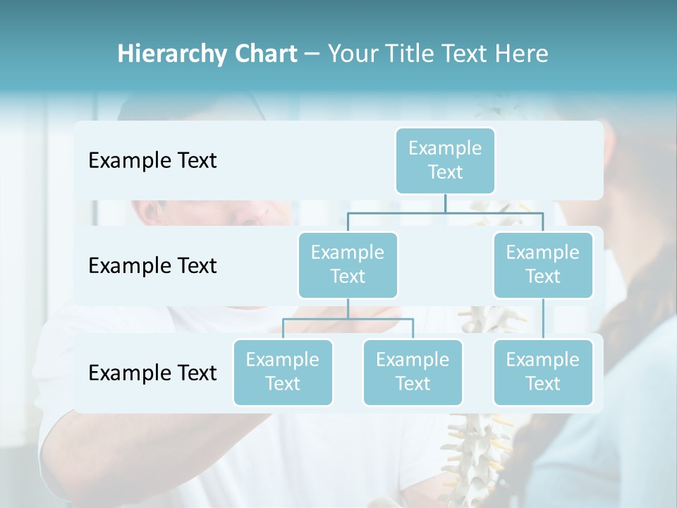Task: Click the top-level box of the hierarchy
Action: pos(445,160)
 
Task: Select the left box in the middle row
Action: pos(348,265)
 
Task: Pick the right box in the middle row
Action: pos(543,265)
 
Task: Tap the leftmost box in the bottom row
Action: pos(283,372)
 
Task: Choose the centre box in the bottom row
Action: pos(413,372)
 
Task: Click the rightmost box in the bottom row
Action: pos(543,372)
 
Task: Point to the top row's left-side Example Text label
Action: pos(152,161)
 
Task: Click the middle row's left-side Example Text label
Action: pos(152,266)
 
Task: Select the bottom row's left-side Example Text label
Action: pos(152,373)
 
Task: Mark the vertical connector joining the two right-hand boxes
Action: pos(543,319)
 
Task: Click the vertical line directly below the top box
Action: pos(445,203)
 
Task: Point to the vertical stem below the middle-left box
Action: pos(348,308)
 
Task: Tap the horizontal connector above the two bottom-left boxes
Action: pos(348,319)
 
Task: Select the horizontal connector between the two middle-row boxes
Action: pos(445,212)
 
